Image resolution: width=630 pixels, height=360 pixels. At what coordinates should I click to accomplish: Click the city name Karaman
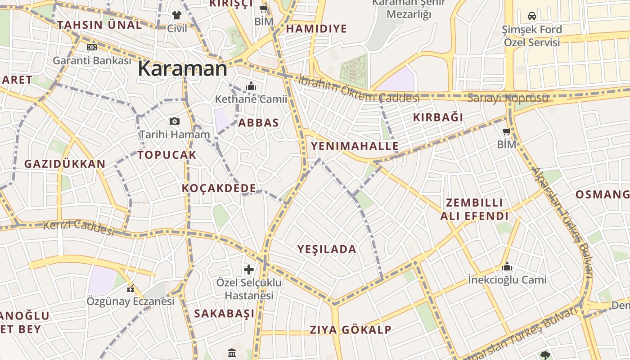(182, 69)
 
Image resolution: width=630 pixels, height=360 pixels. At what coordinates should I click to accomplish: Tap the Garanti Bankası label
(92, 60)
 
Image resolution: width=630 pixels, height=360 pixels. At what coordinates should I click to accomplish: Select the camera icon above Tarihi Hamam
(175, 121)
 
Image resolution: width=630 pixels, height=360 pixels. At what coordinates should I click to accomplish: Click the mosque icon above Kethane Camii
(251, 86)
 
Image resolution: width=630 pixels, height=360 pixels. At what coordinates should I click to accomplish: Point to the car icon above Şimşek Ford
(532, 16)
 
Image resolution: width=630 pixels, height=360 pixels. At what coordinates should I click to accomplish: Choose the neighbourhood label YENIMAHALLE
(355, 146)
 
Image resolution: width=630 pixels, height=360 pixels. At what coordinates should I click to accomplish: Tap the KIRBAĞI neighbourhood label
(438, 117)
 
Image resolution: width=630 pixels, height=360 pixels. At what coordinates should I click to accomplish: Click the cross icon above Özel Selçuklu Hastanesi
(249, 270)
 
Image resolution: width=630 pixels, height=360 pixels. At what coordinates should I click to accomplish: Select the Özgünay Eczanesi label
(130, 301)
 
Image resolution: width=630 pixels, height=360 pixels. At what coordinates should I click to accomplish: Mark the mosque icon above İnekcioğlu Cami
(507, 267)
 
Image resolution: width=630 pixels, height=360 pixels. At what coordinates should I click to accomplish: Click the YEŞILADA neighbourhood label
(327, 249)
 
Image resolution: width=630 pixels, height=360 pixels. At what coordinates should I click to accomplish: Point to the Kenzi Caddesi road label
(79, 227)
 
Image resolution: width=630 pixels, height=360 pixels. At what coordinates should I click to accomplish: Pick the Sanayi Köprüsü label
(508, 98)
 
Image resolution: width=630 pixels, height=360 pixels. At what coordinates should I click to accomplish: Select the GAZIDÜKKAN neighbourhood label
(65, 164)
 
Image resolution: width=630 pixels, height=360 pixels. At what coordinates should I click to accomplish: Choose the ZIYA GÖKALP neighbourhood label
(351, 330)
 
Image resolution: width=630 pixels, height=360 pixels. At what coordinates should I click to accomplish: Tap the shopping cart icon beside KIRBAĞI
(506, 132)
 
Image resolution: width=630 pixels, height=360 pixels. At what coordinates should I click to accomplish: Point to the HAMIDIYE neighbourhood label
(316, 29)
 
